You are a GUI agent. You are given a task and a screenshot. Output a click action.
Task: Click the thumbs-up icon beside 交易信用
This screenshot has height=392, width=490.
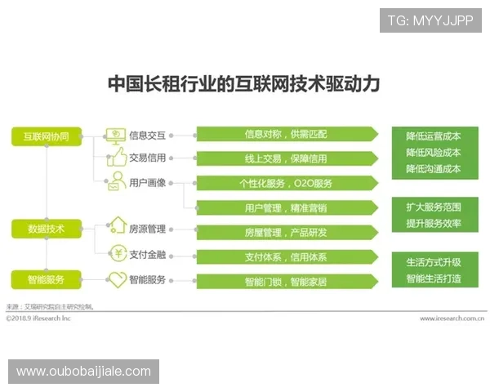[116, 158]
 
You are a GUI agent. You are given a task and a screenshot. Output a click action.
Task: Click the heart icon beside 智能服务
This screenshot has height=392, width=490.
[117, 280]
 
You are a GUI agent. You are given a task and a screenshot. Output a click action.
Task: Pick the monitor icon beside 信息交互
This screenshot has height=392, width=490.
[116, 135]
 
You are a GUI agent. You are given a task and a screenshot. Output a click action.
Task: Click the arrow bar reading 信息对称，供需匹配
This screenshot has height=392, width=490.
[286, 134]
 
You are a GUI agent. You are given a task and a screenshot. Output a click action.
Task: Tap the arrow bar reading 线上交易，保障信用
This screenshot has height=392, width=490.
[286, 158]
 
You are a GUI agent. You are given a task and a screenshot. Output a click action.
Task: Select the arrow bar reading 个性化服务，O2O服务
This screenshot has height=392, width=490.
[286, 183]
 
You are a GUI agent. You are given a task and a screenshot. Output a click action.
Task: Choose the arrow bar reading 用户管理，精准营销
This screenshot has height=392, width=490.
[286, 208]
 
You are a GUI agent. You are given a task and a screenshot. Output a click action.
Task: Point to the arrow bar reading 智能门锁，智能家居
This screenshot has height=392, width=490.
[286, 282]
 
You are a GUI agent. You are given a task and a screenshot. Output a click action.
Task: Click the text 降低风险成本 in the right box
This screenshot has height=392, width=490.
[433, 153]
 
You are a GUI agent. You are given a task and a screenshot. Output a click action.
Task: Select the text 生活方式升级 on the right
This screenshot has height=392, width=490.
[433, 262]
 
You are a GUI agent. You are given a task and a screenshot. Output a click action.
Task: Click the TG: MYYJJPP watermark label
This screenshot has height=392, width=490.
[430, 20]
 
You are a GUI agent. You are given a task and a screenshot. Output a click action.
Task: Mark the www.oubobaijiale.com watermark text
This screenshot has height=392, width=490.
[83, 372]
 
